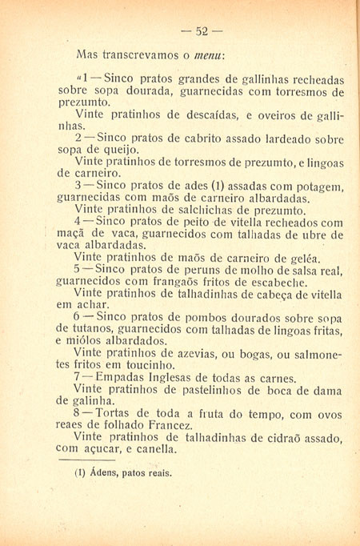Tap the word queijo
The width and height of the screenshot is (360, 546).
pos(122,150)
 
